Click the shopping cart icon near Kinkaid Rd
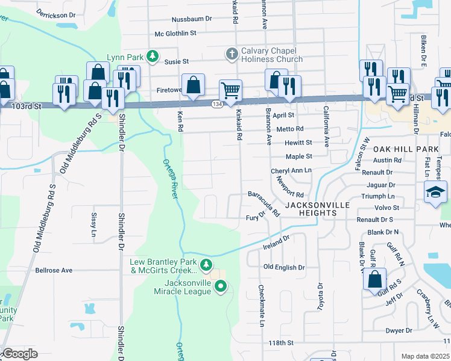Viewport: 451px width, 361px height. click(230, 91)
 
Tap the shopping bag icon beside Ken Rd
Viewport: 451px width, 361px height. click(193, 85)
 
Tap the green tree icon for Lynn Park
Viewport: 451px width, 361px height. click(153, 57)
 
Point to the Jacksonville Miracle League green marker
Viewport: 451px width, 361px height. click(221, 287)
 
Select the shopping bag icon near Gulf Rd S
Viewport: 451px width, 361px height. click(375, 280)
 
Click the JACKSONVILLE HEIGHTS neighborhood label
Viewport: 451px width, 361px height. click(317, 205)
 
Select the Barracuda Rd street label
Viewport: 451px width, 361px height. click(264, 203)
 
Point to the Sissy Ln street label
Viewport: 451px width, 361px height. click(93, 224)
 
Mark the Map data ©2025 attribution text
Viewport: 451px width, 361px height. click(425, 356)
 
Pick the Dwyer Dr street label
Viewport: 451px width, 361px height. click(399, 330)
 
